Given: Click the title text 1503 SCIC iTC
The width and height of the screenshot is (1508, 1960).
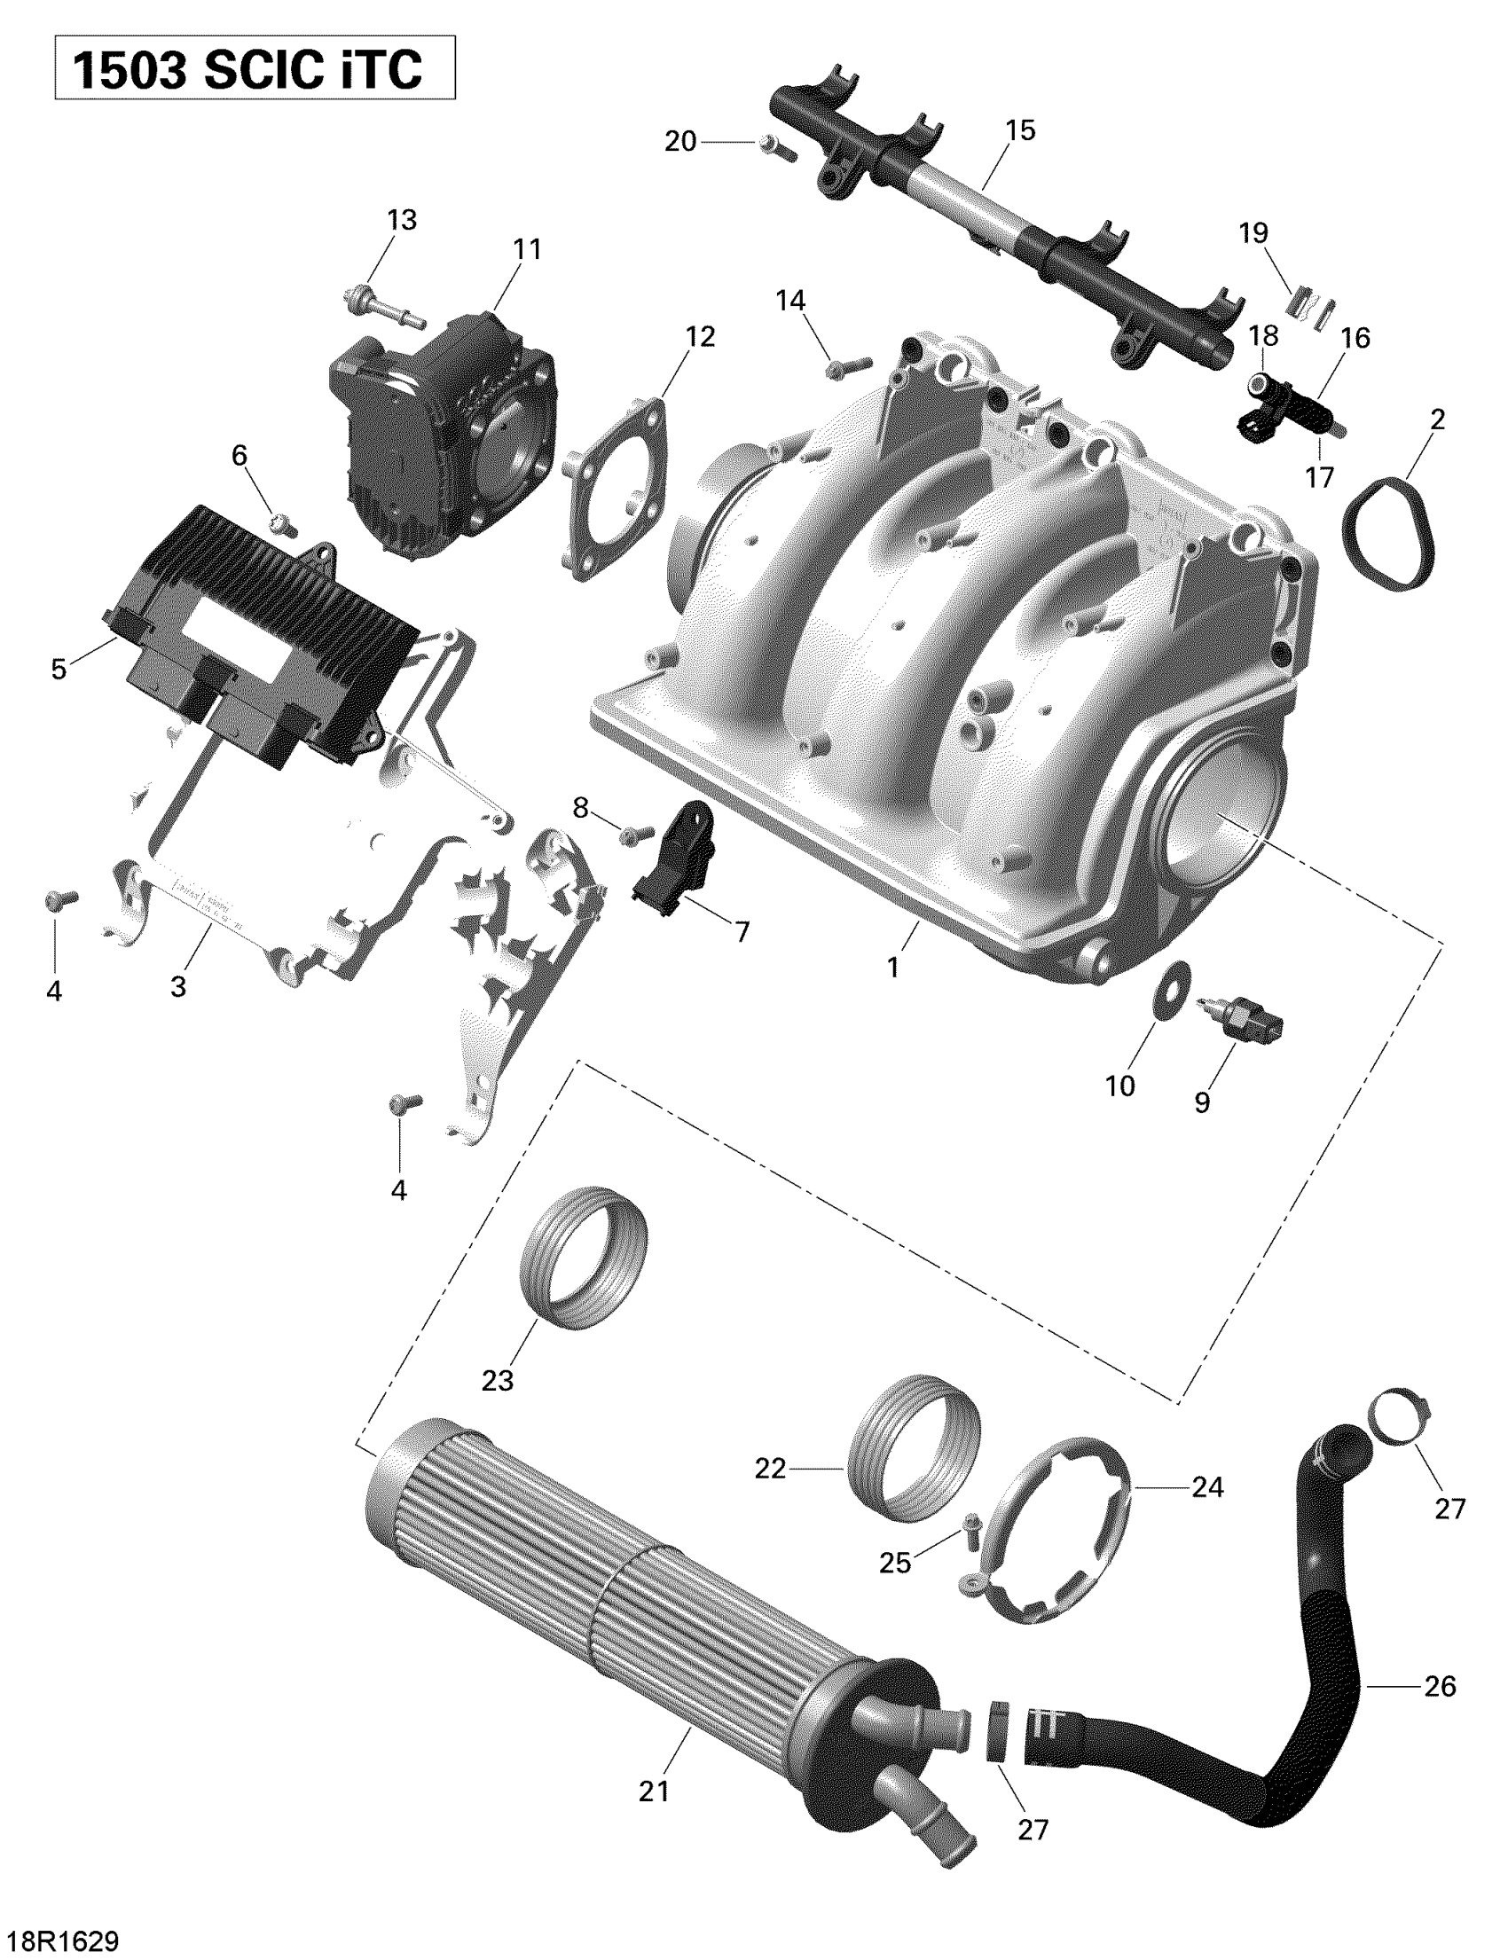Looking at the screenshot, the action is tap(247, 70).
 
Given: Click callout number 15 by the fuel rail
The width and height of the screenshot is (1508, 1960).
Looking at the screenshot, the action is tap(1021, 130).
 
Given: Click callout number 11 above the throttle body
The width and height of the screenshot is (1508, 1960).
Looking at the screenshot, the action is tap(527, 248).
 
